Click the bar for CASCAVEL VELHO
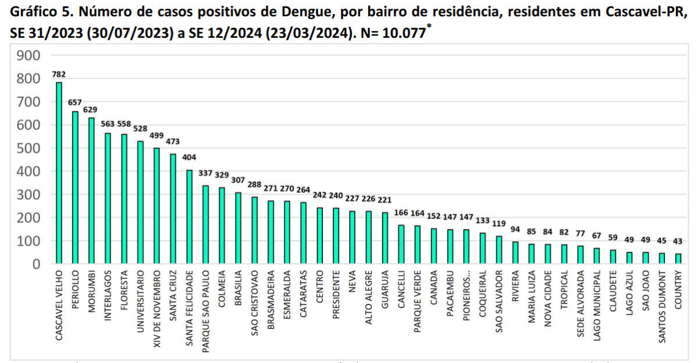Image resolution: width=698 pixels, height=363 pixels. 59,173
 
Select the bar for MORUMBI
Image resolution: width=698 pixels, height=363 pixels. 91,191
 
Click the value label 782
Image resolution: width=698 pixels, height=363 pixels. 59,75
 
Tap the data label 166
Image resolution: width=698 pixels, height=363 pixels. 401,213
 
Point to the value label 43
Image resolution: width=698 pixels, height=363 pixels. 678,241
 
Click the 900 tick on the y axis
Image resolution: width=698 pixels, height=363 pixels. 29,55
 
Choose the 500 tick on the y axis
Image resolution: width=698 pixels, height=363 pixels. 29,148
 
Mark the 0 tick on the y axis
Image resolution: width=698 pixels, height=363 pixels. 36,264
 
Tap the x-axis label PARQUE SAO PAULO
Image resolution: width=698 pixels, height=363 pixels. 206,309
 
